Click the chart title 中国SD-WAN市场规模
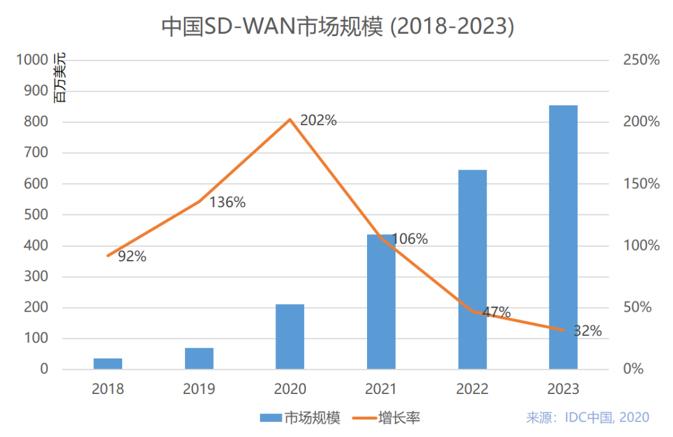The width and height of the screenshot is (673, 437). [x=336, y=27]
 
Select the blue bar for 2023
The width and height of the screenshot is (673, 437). [x=563, y=237]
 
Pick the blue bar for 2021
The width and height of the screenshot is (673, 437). [x=381, y=302]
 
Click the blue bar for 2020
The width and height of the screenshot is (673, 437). [x=290, y=337]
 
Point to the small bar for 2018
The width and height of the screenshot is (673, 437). [x=108, y=363]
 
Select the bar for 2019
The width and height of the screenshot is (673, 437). [x=199, y=358]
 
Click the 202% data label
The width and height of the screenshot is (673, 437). [x=318, y=121]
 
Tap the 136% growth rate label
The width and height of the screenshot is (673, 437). [x=227, y=203]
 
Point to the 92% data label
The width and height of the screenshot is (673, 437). [x=131, y=256]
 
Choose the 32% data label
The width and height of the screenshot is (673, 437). [x=587, y=331]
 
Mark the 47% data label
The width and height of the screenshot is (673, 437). [x=496, y=312]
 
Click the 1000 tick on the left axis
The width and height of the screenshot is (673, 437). [x=32, y=60]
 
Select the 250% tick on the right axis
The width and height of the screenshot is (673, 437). [x=641, y=60]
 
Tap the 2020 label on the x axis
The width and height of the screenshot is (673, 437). [x=290, y=389]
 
